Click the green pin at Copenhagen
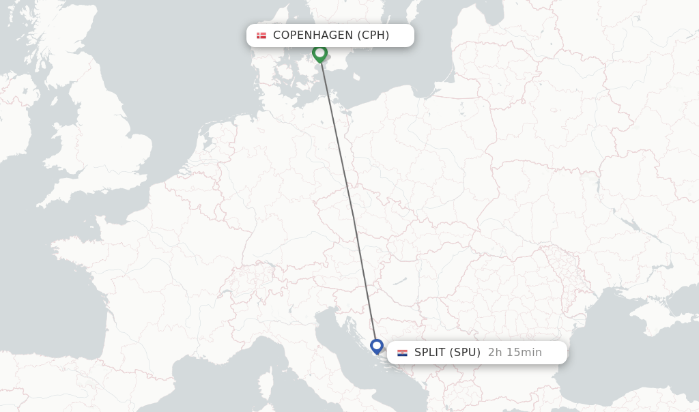(x=319, y=53)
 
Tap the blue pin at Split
(x=376, y=346)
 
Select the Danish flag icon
(x=261, y=35)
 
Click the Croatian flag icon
(x=402, y=353)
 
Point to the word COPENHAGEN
(x=313, y=35)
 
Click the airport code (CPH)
(x=373, y=35)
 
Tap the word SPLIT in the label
(x=429, y=353)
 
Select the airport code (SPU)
(x=465, y=353)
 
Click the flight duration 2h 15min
(x=515, y=353)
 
